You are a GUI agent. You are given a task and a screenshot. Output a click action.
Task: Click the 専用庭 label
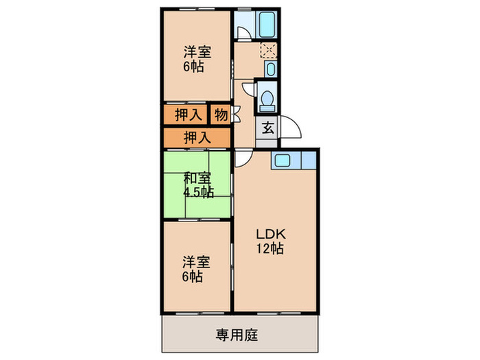pyautogui.click(x=237, y=335)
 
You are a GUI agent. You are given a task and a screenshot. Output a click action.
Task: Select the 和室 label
pyautogui.click(x=196, y=180)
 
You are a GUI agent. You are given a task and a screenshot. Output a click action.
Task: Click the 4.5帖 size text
pyautogui.click(x=199, y=192)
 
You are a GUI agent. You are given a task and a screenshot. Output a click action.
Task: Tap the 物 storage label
pyautogui.click(x=220, y=115)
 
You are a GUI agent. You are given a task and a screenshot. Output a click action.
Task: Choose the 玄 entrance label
pyautogui.click(x=266, y=127)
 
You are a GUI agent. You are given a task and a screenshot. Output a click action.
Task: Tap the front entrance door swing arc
pyautogui.click(x=288, y=130)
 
